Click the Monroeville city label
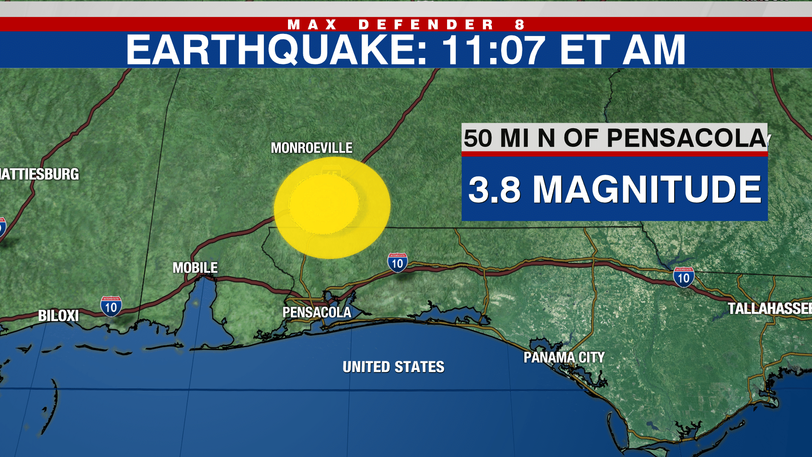coord(311,148)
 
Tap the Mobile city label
coord(195,267)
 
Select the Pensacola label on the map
coord(317,312)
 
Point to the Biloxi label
coord(58,316)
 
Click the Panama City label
coord(564,358)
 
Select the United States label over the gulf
coord(393,367)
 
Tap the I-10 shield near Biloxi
coord(111,307)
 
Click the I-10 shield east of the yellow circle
coord(398,263)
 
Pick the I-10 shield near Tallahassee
coord(683,277)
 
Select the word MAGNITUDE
coord(647,190)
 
